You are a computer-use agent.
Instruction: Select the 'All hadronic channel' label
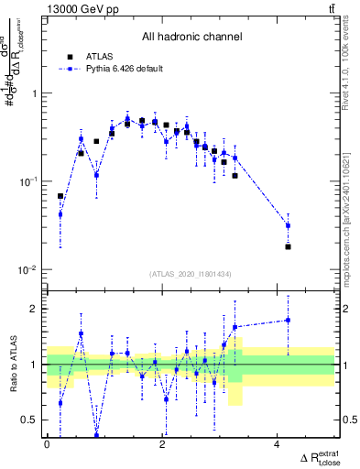click(x=191, y=38)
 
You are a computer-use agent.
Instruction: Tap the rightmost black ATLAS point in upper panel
click(x=288, y=246)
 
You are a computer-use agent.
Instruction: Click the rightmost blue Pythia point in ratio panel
click(x=288, y=320)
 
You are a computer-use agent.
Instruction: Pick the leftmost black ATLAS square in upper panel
click(x=60, y=196)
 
